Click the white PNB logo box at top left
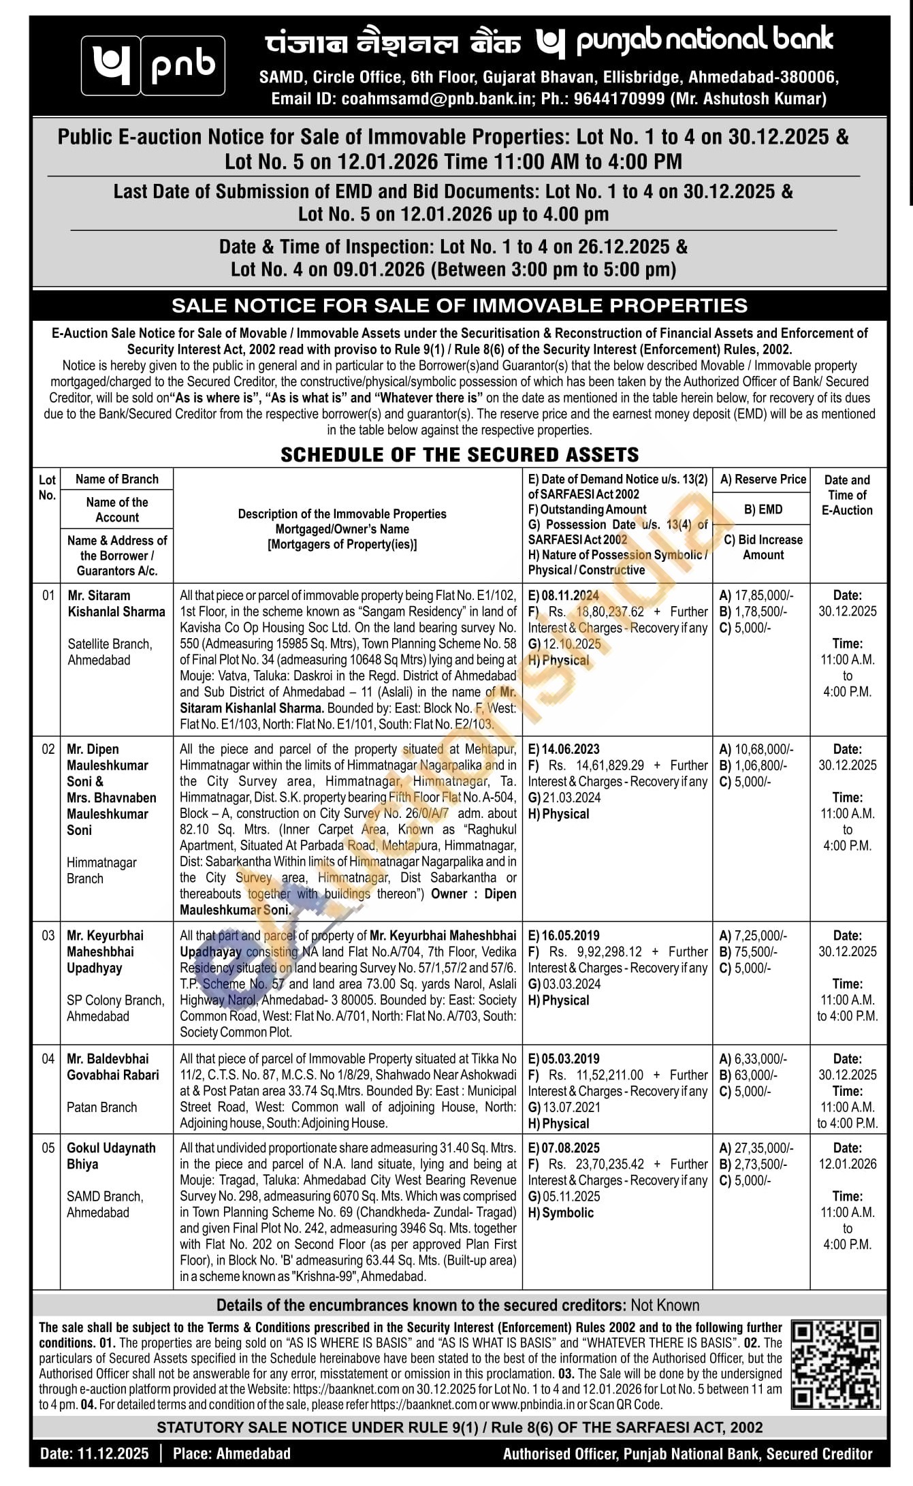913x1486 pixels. click(153, 65)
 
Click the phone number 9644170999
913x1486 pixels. click(619, 99)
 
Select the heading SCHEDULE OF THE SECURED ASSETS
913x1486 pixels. click(460, 455)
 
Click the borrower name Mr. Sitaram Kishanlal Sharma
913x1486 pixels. click(116, 603)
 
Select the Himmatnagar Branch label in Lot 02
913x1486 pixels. click(101, 870)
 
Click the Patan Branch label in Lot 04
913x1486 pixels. click(101, 1107)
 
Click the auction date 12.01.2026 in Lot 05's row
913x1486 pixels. click(848, 1164)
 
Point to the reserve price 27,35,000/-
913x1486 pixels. click(763, 1148)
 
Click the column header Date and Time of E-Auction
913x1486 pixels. click(847, 495)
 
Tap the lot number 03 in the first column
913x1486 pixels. click(48, 936)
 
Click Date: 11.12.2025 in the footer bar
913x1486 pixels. click(94, 1454)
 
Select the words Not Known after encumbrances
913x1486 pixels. click(664, 1305)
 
